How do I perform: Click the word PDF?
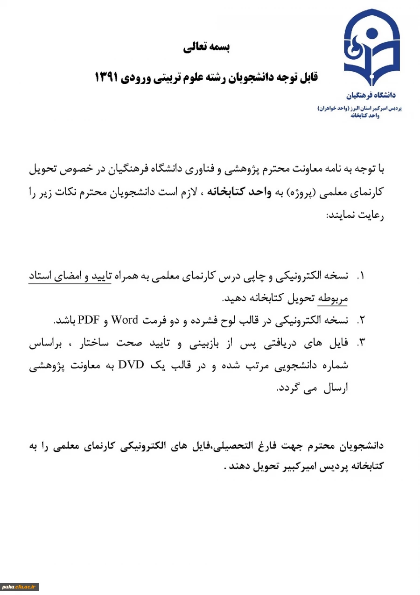[87, 320]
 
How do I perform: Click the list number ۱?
[360, 276]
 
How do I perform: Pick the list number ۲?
[360, 320]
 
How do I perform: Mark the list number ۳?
[360, 343]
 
